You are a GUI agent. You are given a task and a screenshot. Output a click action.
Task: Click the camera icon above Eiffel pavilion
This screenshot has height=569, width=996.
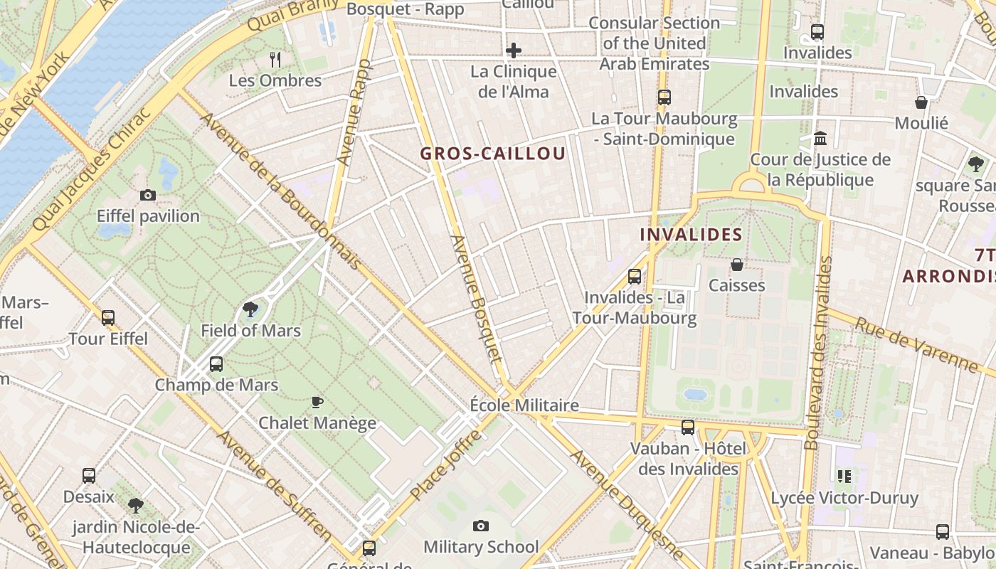tap(148, 195)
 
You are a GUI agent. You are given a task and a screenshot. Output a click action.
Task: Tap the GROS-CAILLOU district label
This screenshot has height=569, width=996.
tap(493, 154)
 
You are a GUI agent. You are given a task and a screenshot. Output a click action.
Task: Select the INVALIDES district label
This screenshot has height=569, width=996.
tap(692, 235)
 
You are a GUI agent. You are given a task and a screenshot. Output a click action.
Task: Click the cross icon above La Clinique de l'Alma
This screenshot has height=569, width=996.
tap(514, 50)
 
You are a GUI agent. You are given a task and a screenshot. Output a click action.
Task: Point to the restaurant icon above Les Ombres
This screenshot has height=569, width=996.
tap(275, 59)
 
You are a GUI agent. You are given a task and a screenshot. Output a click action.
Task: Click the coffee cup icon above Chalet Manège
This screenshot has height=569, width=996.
tap(317, 402)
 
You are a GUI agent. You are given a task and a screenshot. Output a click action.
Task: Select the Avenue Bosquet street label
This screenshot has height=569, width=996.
tap(476, 299)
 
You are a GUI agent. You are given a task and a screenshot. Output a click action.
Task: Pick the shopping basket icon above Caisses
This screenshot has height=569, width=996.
tap(737, 265)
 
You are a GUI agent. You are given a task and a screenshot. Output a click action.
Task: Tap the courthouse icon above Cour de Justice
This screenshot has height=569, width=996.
tap(820, 138)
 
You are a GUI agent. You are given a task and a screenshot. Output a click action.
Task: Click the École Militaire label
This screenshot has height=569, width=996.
tap(524, 405)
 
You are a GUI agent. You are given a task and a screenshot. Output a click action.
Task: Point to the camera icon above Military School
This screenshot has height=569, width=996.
tap(481, 526)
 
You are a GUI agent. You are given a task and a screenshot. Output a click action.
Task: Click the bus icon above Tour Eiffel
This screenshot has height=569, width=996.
tap(108, 318)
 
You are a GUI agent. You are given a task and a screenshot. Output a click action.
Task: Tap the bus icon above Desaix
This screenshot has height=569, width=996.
tap(89, 476)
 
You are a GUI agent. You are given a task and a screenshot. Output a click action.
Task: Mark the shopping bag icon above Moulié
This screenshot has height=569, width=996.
tap(921, 102)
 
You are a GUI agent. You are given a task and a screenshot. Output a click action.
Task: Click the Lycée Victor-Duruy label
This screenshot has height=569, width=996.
tap(844, 498)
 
